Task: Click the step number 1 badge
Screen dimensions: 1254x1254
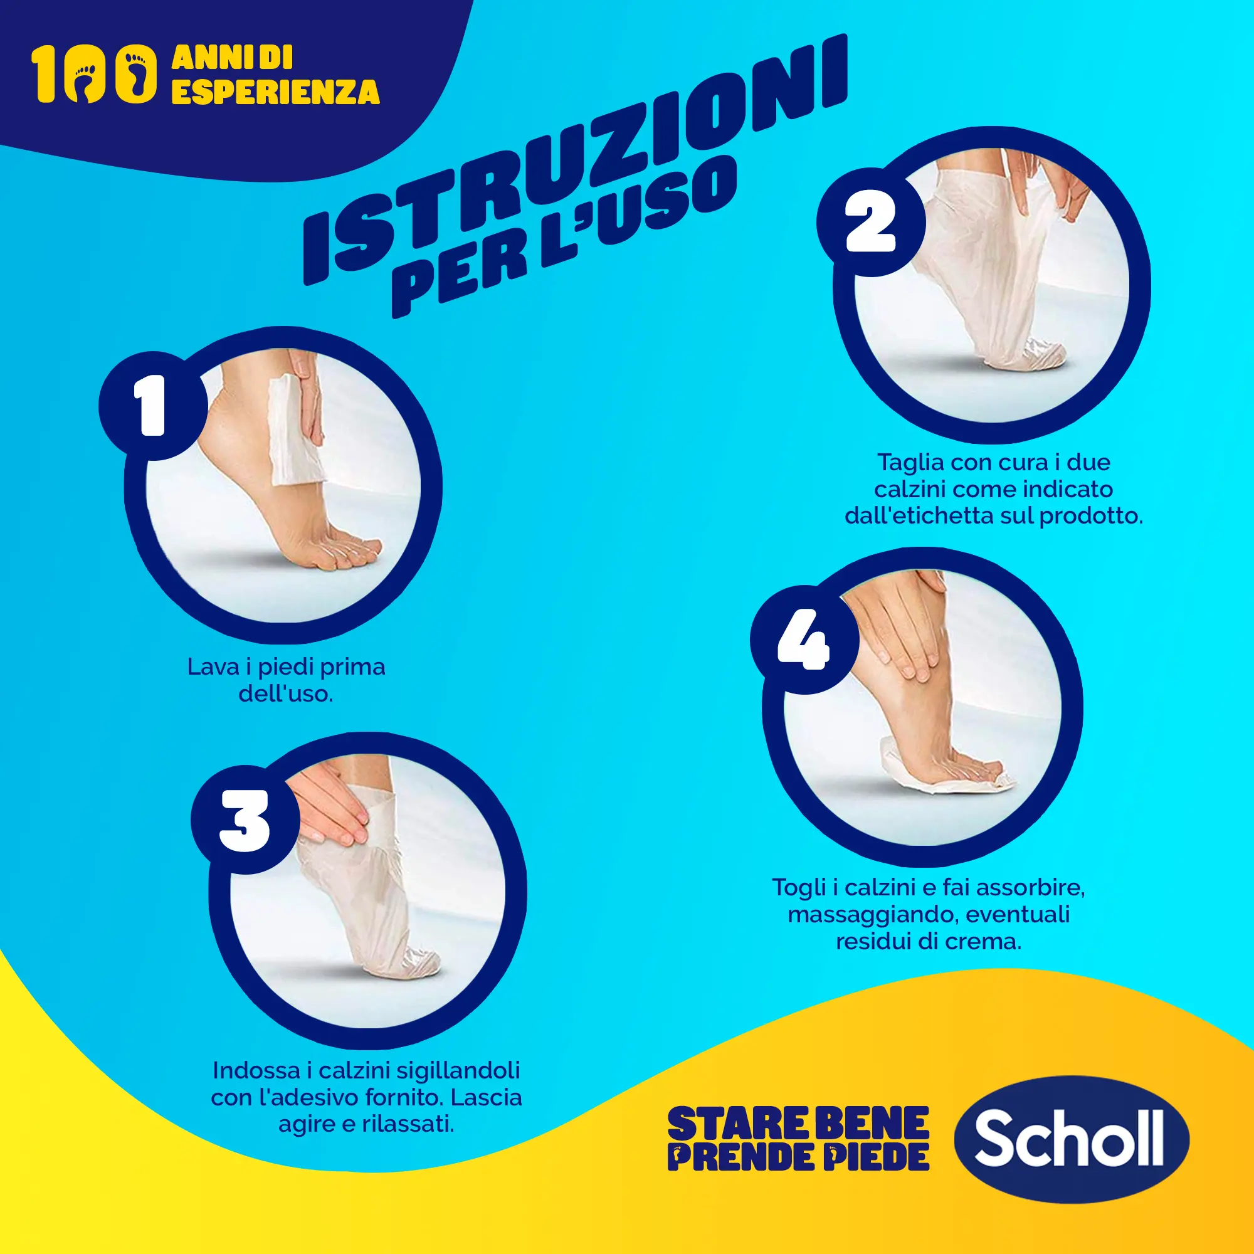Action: pyautogui.click(x=152, y=406)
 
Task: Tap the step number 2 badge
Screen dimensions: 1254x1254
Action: pyautogui.click(x=870, y=222)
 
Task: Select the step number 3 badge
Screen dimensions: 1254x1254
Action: pyautogui.click(x=245, y=819)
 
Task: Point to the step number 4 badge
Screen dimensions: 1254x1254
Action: pyautogui.click(x=804, y=640)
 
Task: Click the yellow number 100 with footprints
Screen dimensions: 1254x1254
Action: pyautogui.click(x=94, y=73)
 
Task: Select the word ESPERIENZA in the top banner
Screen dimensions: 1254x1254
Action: pyautogui.click(x=275, y=92)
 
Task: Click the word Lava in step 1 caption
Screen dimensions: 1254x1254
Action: pyautogui.click(x=208, y=667)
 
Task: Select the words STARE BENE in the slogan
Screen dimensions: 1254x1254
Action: pyautogui.click(x=798, y=1124)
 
